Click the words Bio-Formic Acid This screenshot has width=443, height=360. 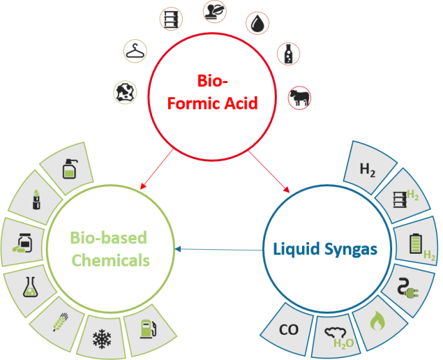218,92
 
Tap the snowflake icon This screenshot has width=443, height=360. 102,337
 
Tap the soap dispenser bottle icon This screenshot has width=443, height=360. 69,169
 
